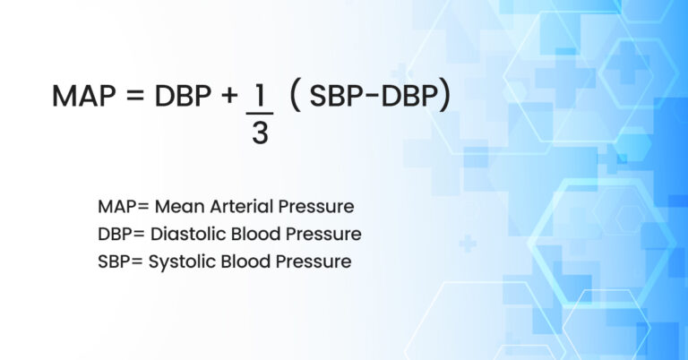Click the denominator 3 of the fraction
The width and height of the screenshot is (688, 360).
(x=260, y=134)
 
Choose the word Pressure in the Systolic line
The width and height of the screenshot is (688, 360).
(x=315, y=262)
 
